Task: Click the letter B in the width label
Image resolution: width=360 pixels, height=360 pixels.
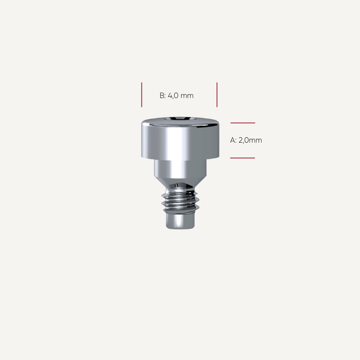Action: [x=162, y=95]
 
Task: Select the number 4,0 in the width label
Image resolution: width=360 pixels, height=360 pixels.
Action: [x=173, y=96]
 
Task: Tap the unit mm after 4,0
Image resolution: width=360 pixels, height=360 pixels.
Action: [x=187, y=96]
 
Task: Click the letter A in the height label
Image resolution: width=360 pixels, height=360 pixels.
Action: [x=233, y=140]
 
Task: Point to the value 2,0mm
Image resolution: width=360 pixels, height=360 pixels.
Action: [x=250, y=140]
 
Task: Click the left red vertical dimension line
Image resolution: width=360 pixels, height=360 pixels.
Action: [x=141, y=95]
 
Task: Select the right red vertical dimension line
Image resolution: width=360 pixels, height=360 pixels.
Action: [x=217, y=95]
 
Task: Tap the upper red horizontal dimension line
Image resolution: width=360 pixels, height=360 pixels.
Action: [x=243, y=123]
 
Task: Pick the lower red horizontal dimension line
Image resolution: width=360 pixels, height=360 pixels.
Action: [x=243, y=158]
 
